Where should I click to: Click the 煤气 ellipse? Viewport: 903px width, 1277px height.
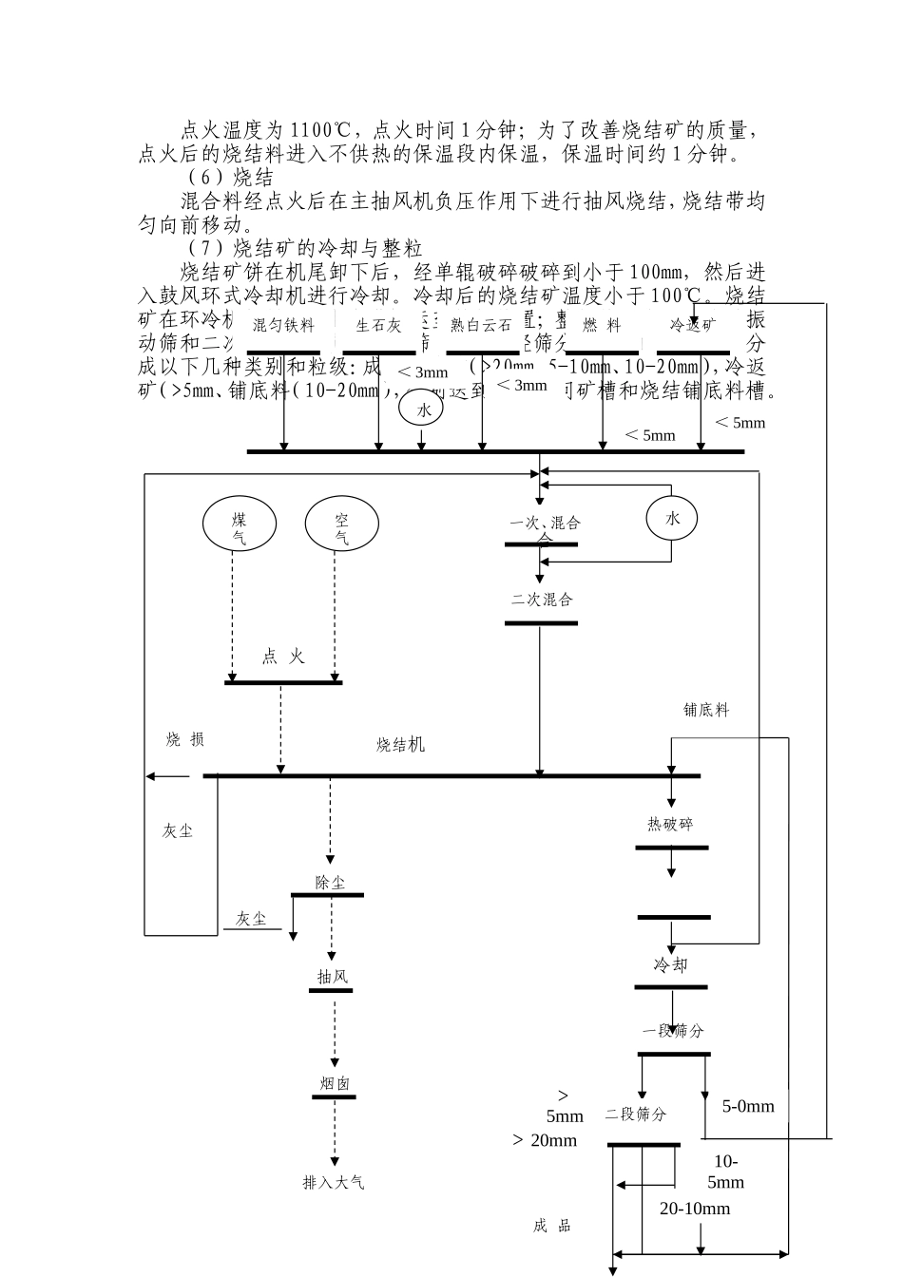tap(240, 524)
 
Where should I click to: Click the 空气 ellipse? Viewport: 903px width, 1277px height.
tap(341, 524)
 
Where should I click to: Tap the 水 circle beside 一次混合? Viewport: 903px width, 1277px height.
tap(673, 518)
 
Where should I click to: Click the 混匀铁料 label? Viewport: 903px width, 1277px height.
tap(283, 326)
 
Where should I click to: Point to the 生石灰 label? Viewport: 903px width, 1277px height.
tap(378, 326)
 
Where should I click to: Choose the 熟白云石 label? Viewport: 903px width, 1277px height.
tap(481, 326)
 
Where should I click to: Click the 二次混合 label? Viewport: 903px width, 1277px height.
tap(542, 600)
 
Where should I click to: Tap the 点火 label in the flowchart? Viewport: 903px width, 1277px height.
tap(282, 657)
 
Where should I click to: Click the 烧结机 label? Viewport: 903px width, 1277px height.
tap(400, 745)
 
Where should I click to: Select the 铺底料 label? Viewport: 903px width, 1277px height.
tap(706, 710)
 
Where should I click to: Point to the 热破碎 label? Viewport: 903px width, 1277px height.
tap(671, 825)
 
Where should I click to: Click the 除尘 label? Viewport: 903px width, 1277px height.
tap(331, 883)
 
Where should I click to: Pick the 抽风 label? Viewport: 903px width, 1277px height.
tap(333, 977)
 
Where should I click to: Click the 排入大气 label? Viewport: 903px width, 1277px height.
tap(334, 1183)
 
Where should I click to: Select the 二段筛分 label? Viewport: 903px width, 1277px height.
tap(636, 1115)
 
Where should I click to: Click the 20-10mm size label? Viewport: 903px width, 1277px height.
tap(695, 1209)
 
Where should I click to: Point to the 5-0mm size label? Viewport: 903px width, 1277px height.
tap(748, 1106)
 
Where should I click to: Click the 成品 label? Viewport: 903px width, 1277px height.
tap(552, 1226)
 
